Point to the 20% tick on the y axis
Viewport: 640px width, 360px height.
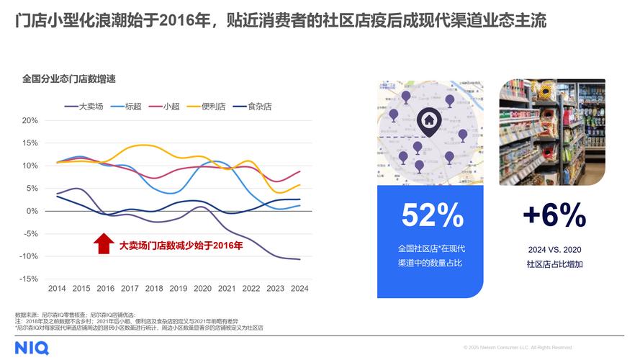tap(30, 120)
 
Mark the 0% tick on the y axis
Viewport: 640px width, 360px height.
tap(32, 211)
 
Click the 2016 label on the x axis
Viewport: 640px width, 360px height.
tap(105, 289)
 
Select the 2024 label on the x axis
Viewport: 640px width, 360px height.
tap(299, 289)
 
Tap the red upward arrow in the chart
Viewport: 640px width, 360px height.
tap(104, 243)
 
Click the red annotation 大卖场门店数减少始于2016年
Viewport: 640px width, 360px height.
tap(181, 246)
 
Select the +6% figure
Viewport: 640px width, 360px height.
tap(554, 215)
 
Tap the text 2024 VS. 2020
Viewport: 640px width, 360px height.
tap(554, 250)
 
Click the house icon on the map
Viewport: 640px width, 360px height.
tap(428, 120)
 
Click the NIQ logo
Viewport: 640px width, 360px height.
tap(32, 348)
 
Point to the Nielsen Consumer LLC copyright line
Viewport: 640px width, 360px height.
tap(518, 348)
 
